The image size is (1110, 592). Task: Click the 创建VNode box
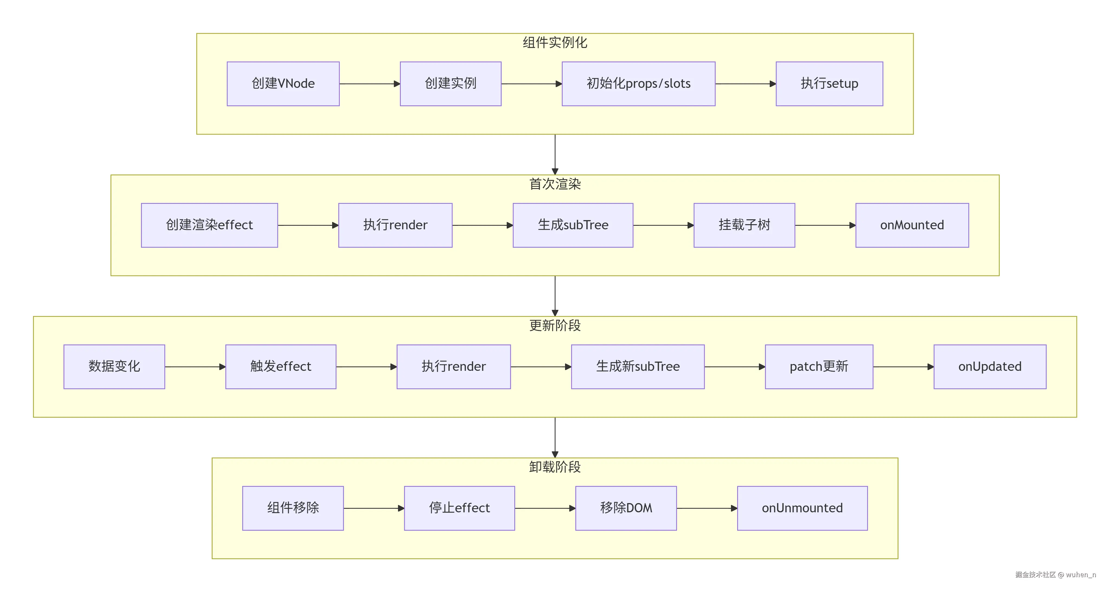283,83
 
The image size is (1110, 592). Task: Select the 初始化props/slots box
638,83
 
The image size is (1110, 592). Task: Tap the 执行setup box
829,83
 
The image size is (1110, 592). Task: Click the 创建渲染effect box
209,225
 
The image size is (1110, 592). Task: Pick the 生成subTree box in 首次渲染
573,225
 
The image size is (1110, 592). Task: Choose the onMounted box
912,225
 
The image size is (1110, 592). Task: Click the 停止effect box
459,508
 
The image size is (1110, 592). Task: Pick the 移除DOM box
626,508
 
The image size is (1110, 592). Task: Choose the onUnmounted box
802,508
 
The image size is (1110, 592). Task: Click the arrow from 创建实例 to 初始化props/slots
531,83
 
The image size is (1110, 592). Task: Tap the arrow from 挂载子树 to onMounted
825,225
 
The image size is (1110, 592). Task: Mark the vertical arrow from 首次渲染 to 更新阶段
555,295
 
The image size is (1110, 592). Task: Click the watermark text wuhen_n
1081,574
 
